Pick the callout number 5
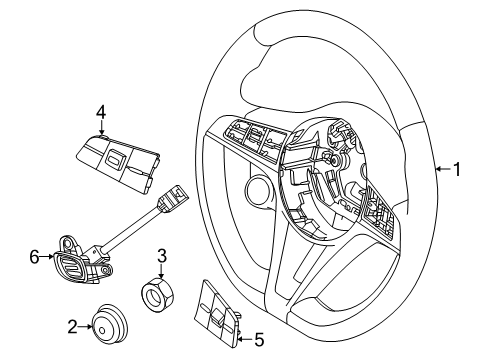[x=259, y=340]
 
